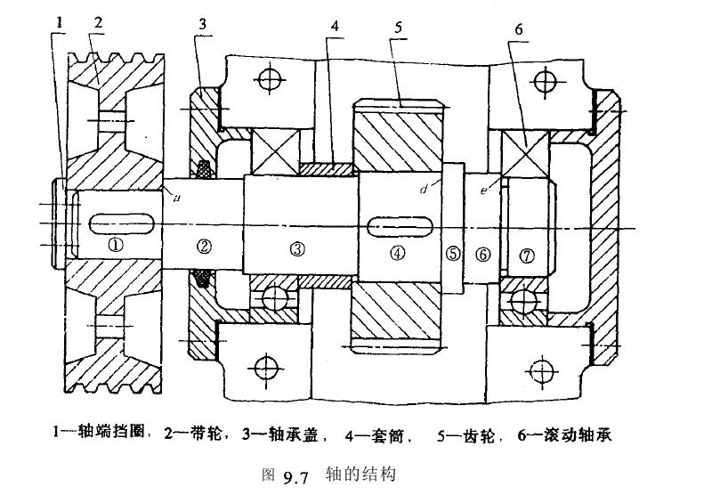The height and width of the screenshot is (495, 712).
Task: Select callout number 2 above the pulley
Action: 98,21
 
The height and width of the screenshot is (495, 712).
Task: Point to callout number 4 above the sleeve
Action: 334,26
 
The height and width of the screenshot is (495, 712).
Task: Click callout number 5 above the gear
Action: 400,27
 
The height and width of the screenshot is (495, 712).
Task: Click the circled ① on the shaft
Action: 113,243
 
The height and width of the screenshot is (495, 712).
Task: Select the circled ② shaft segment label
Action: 204,246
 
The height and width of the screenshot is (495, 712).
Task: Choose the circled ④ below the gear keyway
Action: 397,253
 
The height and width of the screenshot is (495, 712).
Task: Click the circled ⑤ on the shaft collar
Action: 453,253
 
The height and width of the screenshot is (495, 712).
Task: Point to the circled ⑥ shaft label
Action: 483,254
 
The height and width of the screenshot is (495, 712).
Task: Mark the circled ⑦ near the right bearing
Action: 528,256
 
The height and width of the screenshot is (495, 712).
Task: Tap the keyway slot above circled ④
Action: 399,223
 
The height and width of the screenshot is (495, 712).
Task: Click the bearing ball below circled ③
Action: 274,296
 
